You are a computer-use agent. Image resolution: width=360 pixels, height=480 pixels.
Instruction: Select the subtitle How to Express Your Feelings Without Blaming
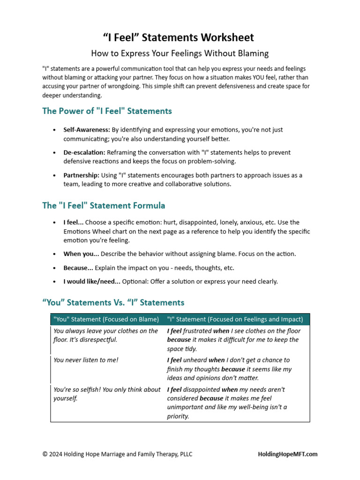[180, 53]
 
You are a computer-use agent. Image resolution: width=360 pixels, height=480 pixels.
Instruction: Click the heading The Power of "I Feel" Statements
[107, 111]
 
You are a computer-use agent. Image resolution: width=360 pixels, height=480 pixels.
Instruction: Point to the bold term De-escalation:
[84, 153]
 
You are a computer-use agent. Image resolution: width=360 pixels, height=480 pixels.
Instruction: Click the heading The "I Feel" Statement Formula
[104, 206]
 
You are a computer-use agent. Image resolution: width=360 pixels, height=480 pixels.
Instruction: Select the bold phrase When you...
[81, 254]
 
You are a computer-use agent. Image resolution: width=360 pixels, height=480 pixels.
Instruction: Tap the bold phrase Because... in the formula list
[78, 268]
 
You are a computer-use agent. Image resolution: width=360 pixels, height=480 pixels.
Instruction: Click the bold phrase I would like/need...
[92, 282]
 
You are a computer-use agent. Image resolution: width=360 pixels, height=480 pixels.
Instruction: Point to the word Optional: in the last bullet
[135, 282]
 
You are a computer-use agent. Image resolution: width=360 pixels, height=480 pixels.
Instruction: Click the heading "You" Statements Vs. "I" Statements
[113, 303]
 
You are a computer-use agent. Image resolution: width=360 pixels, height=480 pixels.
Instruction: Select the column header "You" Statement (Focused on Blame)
[106, 320]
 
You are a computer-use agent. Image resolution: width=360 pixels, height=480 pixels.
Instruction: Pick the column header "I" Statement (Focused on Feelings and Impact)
[235, 320]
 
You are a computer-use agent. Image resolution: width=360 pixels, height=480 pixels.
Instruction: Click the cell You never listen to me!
[86, 360]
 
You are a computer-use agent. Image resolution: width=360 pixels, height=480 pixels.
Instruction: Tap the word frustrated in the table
[198, 331]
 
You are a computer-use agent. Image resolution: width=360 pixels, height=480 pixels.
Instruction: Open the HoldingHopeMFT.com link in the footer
[287, 454]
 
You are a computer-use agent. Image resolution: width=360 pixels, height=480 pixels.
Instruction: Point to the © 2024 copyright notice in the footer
[117, 454]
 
